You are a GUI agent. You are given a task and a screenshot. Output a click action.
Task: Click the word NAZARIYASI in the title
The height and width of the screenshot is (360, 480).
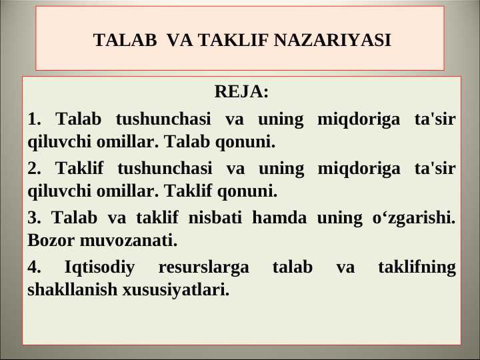pos(332,40)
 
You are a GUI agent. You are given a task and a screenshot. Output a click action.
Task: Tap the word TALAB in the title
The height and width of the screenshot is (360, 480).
pos(125,40)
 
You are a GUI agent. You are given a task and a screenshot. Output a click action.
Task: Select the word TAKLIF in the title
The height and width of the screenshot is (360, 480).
pos(233,40)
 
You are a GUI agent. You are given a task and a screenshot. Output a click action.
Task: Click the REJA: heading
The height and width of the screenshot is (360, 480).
pos(241,91)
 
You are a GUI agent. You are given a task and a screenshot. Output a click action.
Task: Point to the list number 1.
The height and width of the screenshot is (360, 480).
pos(34,119)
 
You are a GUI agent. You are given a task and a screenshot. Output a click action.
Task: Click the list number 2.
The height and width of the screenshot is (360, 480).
pos(34,168)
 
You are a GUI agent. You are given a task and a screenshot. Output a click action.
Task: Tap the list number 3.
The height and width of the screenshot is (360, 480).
pos(34,217)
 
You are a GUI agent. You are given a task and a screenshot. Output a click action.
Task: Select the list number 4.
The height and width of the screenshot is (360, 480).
pos(34,267)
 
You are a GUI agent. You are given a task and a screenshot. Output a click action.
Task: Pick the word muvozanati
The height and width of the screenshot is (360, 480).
pos(129,241)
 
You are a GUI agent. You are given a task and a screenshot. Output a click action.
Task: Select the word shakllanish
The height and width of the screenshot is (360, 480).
pos(72,289)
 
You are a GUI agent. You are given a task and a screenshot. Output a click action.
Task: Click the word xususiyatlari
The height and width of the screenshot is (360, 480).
pos(176,290)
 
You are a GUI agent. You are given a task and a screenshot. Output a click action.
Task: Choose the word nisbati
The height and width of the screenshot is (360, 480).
pos(215,217)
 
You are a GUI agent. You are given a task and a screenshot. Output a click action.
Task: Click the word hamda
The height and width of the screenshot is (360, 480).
pos(279,217)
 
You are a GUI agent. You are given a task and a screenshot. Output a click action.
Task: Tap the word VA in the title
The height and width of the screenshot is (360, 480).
pos(180,40)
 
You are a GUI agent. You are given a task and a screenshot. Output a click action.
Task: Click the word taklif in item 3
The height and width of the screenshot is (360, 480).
pos(157,217)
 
